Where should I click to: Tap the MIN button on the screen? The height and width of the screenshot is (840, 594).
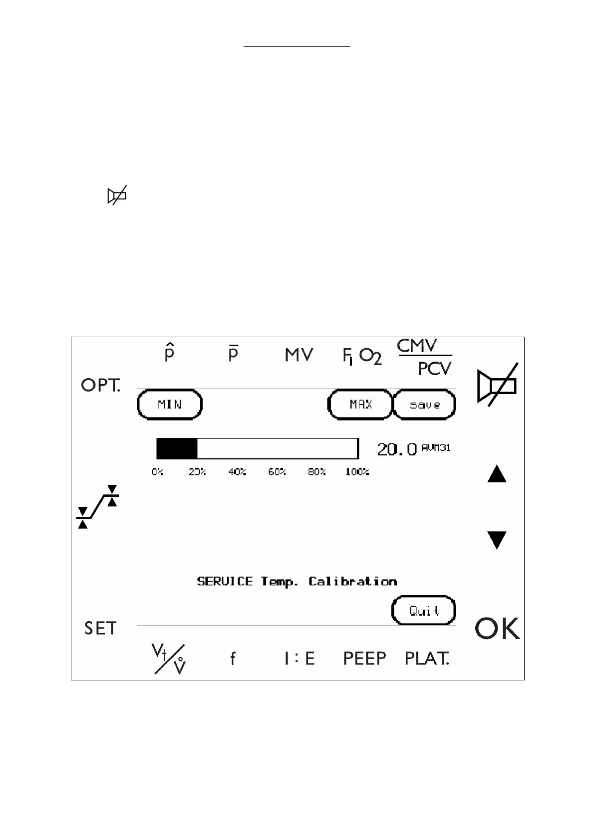[170, 404]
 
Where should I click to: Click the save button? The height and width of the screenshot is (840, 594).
[425, 405]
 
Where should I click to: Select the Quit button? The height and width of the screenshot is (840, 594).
[424, 611]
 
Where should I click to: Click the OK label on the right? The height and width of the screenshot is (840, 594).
[497, 629]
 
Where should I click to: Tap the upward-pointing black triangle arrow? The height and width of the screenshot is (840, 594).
[497, 474]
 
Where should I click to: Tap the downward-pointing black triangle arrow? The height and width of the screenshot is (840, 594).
[497, 540]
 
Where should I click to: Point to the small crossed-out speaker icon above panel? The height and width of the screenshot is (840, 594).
[117, 196]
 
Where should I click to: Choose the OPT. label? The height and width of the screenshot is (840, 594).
[101, 385]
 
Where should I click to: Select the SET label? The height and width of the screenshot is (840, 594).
[100, 629]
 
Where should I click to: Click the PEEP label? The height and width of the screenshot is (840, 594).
[364, 658]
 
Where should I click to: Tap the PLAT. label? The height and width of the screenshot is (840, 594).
[427, 658]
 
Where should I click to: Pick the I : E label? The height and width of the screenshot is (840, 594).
[299, 658]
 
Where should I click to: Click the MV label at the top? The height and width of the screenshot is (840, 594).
[299, 355]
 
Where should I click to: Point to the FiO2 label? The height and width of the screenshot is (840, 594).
[362, 356]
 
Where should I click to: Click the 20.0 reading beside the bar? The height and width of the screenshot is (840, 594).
[397, 449]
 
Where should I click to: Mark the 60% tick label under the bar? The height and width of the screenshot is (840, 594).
[277, 472]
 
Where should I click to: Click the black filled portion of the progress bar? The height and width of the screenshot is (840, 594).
[177, 449]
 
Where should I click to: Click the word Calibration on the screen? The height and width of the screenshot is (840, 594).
[352, 582]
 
